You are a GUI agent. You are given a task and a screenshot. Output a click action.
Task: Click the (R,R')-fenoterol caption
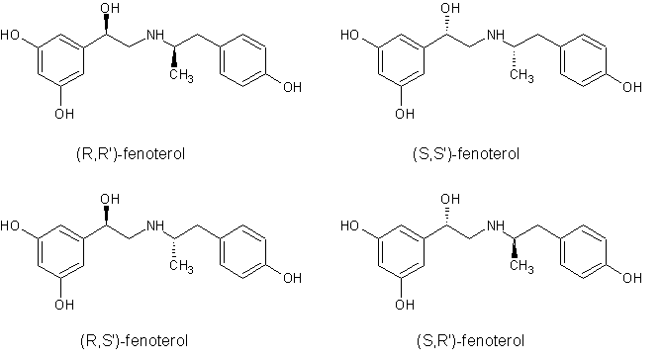(125, 154)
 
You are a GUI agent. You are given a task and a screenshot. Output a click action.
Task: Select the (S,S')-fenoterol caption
(465, 154)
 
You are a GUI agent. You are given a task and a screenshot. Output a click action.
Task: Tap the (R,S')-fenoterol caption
(125, 341)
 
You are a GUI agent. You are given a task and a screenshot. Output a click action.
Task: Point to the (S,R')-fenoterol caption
(465, 341)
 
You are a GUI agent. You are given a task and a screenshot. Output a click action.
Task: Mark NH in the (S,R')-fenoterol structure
(498, 225)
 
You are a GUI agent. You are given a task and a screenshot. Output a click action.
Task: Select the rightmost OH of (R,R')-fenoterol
(293, 88)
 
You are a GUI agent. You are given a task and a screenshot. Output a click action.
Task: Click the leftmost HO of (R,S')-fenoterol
(13, 225)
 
